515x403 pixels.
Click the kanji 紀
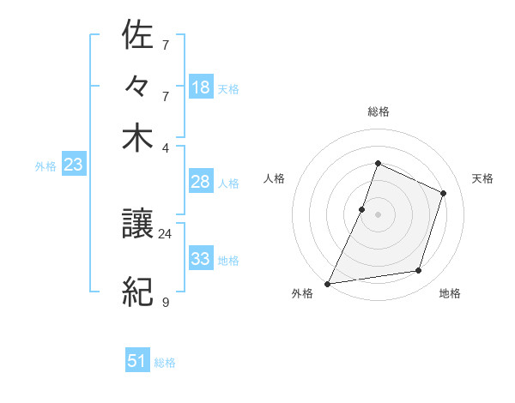[x=137, y=292]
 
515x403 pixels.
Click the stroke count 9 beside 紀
[x=166, y=302]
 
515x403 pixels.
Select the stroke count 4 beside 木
[x=166, y=147]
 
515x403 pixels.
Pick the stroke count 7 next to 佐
[x=166, y=45]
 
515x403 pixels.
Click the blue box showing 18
[x=201, y=87]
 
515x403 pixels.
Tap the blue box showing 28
[x=201, y=182]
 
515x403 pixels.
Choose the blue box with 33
[x=201, y=258]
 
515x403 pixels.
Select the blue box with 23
[x=73, y=165]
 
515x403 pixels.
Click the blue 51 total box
[x=137, y=361]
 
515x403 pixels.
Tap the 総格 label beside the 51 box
[x=165, y=363]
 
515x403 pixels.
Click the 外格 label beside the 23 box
[x=45, y=166]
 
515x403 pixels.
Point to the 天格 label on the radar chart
[x=482, y=178]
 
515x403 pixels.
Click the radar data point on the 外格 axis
[x=328, y=284]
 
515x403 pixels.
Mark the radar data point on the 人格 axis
[x=362, y=209]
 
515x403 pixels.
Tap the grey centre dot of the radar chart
[x=378, y=214]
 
